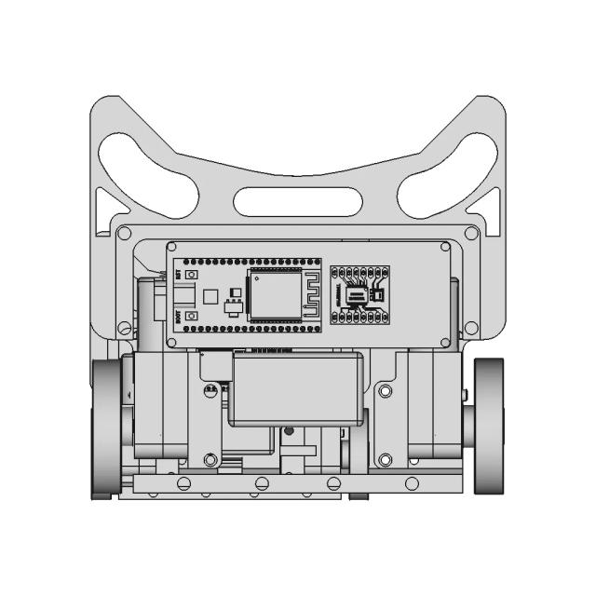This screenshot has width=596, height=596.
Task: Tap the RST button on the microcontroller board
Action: click(x=191, y=277)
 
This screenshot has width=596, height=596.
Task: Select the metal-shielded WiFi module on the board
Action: click(x=269, y=295)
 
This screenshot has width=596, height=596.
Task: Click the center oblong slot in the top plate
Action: click(x=298, y=199)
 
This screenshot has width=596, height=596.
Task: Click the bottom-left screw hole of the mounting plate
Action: click(x=125, y=327)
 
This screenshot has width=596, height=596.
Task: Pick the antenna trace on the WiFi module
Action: click(x=310, y=295)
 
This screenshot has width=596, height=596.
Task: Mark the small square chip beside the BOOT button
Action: click(x=211, y=296)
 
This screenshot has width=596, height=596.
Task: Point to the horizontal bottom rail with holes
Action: click(x=298, y=483)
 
